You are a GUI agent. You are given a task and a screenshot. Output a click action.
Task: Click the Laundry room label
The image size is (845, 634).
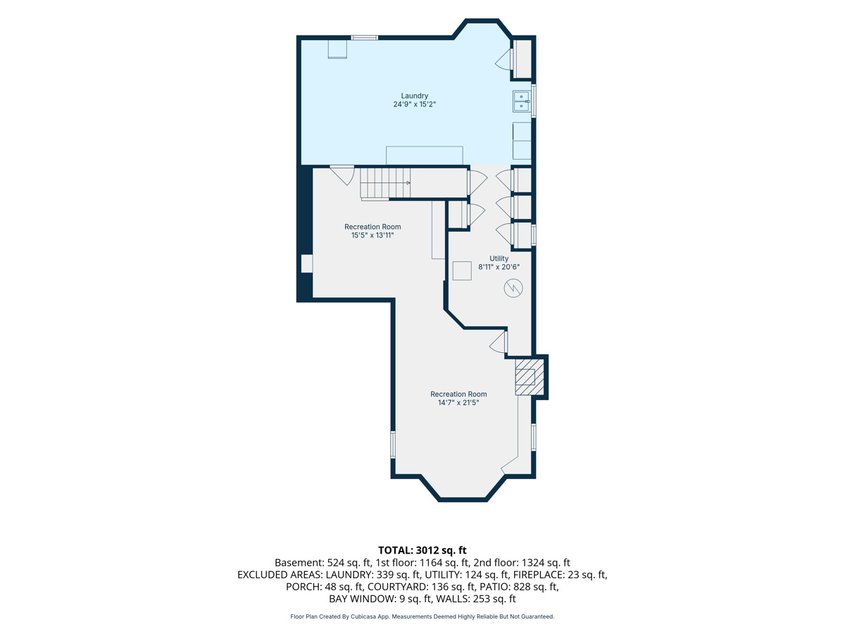(x=414, y=96)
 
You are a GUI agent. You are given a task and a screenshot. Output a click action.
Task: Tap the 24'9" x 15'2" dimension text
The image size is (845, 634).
(x=414, y=104)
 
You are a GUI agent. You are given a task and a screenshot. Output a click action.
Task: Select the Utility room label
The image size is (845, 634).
(x=499, y=259)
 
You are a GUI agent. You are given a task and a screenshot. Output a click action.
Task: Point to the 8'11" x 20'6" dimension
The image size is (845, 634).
(x=499, y=267)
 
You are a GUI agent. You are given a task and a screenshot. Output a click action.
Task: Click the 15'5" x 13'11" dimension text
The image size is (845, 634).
(x=373, y=235)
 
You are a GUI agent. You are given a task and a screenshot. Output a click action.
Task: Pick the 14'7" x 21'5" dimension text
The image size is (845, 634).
(x=458, y=403)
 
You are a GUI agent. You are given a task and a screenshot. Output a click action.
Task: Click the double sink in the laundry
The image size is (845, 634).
(x=521, y=101)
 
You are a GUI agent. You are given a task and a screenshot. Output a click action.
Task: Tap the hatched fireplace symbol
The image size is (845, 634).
(x=530, y=377)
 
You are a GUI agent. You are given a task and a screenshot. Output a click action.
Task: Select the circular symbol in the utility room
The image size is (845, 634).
(x=513, y=288)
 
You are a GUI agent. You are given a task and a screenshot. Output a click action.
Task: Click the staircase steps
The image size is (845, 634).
(x=385, y=183)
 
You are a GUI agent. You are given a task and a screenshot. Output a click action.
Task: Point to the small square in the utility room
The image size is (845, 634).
(x=461, y=271)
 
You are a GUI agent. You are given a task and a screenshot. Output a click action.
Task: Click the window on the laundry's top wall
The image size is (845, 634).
(x=364, y=37)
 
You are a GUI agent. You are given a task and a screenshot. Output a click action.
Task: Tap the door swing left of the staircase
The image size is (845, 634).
(x=342, y=175)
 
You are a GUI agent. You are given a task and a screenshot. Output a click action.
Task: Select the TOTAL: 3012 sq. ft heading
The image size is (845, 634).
(x=423, y=550)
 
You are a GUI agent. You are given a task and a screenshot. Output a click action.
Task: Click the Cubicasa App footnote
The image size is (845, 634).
(x=423, y=616)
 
